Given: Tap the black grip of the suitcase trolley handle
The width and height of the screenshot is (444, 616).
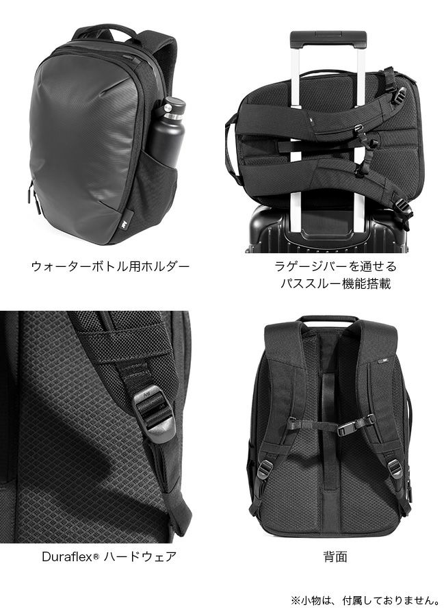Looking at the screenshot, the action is [328, 40].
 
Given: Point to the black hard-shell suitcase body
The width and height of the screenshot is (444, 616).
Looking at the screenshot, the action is [327, 229].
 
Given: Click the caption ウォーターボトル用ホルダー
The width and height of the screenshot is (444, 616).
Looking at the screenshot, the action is [110, 266].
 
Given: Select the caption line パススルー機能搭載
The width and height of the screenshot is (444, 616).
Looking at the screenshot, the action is [336, 283].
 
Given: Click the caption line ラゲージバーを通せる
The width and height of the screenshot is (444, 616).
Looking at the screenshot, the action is [336, 266].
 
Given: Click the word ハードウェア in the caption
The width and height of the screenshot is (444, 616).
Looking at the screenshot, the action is [139, 556].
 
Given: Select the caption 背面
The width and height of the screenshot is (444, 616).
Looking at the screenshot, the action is [335, 556].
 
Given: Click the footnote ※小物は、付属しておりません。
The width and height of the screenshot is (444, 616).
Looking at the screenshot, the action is [365, 600].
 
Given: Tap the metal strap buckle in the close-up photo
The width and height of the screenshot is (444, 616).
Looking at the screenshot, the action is [153, 413].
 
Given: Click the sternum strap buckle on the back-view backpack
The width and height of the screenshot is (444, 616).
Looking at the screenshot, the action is [350, 426].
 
